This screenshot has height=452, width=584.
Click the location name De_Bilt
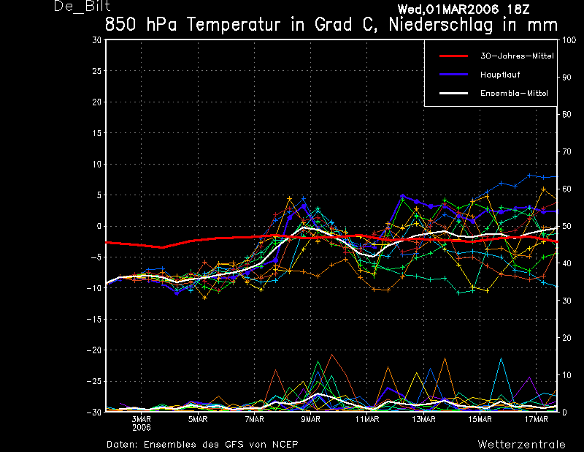click(x=76, y=7)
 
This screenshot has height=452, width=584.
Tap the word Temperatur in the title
click(x=231, y=24)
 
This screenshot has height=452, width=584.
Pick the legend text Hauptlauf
click(x=500, y=75)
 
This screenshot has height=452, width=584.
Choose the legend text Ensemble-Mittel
click(x=514, y=94)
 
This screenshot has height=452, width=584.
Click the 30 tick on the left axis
click(x=96, y=40)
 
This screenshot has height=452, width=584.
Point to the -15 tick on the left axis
click(x=94, y=320)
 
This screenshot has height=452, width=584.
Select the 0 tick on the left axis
click(x=99, y=227)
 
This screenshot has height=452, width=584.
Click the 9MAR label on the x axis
click(x=311, y=420)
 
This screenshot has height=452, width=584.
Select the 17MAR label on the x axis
click(x=537, y=420)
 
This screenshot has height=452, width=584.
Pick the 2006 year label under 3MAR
click(x=141, y=428)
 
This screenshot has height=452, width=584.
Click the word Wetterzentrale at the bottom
click(x=521, y=444)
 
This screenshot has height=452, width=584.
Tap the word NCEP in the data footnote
click(x=283, y=444)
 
